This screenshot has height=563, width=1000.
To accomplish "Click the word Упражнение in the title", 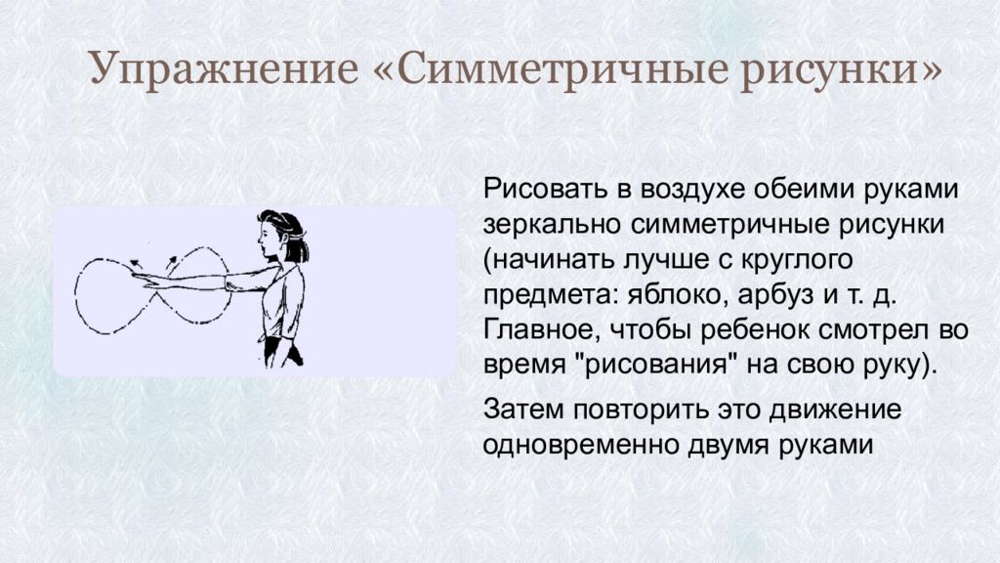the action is (224, 68).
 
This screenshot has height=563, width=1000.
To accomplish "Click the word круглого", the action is (797, 260).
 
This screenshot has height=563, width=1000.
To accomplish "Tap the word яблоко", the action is (678, 295).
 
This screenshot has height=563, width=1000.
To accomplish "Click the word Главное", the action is (541, 330).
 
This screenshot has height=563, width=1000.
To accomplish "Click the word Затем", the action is (523, 409).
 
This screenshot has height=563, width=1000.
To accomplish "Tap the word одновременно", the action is (580, 445).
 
